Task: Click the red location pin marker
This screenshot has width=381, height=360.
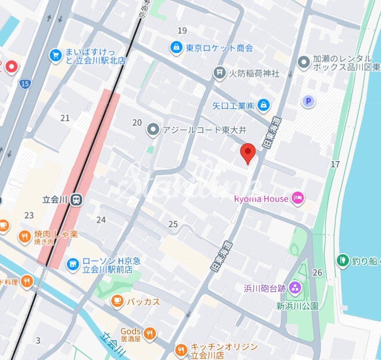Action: (248, 152)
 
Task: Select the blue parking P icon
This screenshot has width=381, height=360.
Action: (308, 101)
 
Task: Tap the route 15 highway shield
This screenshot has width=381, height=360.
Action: (25, 84)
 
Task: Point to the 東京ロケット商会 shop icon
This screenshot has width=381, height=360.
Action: (176, 47)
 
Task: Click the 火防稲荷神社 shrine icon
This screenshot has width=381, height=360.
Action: (220, 73)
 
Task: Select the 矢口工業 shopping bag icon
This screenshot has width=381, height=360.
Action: (263, 105)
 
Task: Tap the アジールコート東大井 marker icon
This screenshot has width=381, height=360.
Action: (153, 129)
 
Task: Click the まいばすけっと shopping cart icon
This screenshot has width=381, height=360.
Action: (56, 55)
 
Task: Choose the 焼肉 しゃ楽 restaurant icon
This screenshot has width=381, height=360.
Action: (24, 237)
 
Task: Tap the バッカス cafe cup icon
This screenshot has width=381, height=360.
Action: (117, 301)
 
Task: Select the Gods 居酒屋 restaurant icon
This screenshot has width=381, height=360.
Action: (150, 333)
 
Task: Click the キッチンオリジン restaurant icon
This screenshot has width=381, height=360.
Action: (181, 348)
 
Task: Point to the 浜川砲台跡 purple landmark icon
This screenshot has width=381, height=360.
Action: (295, 289)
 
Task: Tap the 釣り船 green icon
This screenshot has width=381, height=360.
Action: (343, 260)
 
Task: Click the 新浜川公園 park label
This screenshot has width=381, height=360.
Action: (297, 306)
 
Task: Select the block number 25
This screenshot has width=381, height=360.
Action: (173, 224)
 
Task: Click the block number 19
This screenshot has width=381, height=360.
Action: (182, 31)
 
